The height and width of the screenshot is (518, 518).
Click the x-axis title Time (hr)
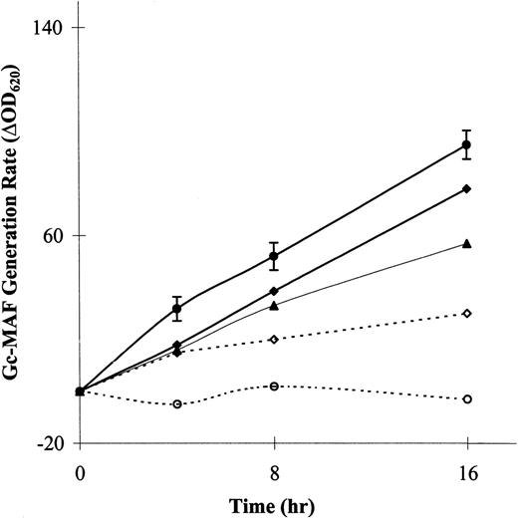(273, 501)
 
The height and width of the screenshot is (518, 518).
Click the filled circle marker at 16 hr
(466, 145)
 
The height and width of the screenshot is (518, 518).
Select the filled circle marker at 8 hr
(274, 257)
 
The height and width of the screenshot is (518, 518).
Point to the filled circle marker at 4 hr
(177, 310)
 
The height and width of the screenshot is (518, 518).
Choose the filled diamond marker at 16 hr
(466, 188)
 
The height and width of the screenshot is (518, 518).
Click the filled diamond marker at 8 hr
(274, 291)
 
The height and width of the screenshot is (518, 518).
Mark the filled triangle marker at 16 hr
(466, 243)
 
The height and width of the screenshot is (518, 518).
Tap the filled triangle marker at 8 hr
(274, 305)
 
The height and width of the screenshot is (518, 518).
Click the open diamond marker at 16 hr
(466, 314)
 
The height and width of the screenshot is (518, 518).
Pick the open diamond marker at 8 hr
(274, 340)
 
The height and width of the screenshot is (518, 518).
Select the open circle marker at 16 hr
(466, 398)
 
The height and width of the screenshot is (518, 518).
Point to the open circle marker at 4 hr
(177, 404)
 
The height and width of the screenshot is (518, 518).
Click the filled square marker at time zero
(81, 391)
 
